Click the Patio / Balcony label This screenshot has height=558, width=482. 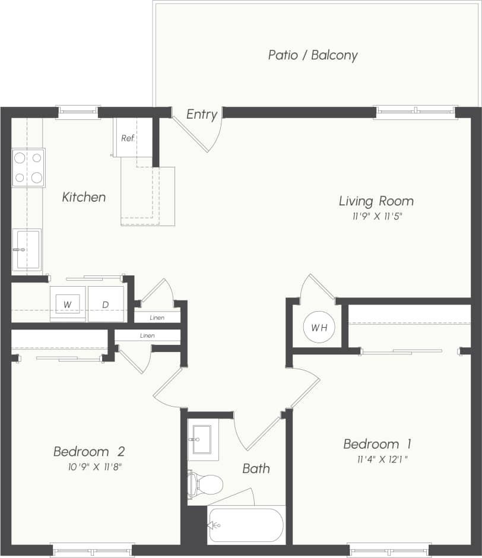[313, 56]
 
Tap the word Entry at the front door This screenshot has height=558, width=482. [202, 115]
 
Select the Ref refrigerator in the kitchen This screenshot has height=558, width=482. [127, 138]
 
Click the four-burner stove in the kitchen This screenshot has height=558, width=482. [28, 167]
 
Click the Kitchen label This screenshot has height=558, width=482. [84, 197]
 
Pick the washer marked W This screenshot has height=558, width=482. [68, 305]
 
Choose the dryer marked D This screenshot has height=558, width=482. [106, 305]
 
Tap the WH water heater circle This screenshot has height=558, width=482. [319, 327]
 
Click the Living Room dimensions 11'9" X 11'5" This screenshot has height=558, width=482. [376, 217]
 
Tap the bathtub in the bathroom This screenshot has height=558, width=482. [246, 525]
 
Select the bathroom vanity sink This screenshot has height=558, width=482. [202, 440]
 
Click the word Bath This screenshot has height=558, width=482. [256, 468]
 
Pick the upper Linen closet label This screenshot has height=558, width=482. [157, 318]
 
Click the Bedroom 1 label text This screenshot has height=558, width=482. [378, 444]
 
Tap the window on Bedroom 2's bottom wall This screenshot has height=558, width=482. [92, 551]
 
